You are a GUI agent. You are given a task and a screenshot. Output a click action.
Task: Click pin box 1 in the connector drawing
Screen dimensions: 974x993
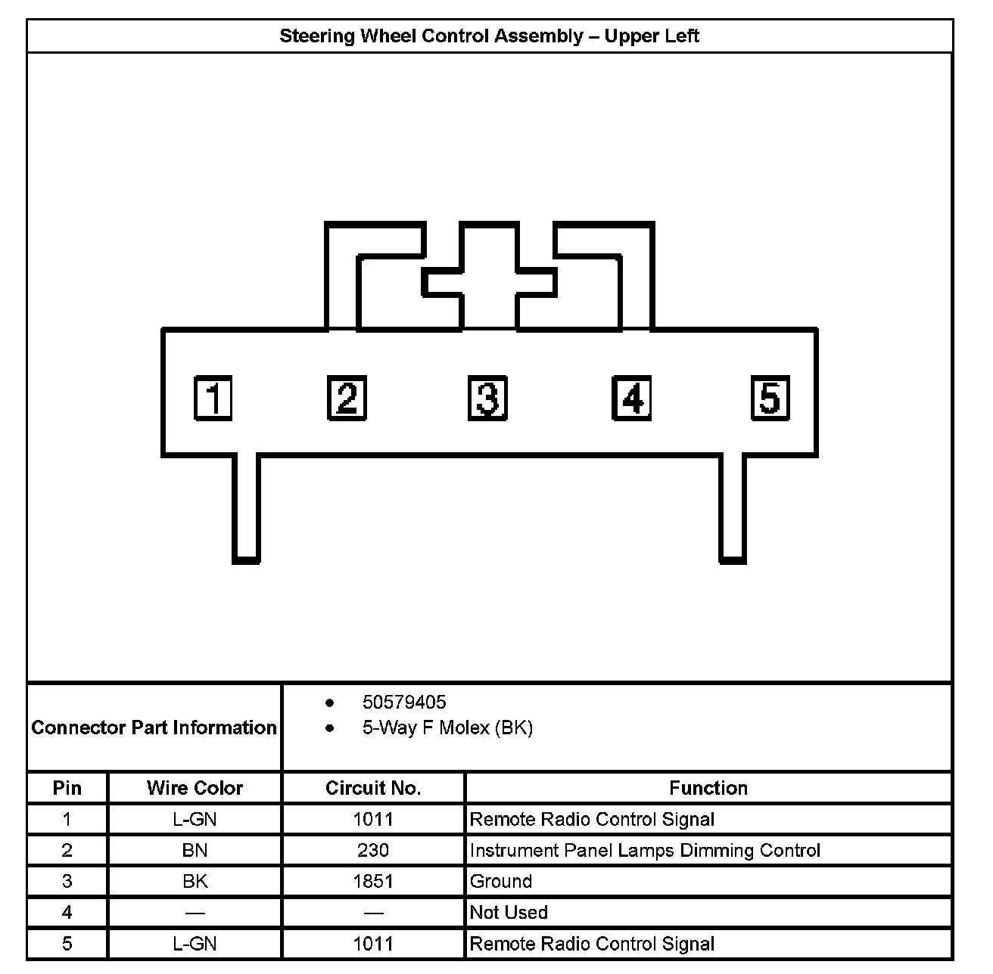213,398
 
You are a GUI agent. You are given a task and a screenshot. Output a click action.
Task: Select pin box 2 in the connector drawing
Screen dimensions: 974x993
347,398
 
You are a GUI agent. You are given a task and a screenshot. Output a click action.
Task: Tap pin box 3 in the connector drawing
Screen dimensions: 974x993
487,398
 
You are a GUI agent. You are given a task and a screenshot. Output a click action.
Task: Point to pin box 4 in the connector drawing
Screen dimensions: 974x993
631,398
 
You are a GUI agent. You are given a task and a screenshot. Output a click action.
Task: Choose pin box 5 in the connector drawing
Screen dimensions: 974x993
770,398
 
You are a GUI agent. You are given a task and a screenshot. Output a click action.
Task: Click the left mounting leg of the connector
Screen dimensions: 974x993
245,508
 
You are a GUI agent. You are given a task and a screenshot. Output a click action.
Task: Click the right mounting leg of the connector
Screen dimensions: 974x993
732,508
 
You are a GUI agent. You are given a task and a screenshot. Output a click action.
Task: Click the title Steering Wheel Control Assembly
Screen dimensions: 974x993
489,36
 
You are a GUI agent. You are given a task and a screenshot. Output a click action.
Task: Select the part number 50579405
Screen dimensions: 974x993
404,703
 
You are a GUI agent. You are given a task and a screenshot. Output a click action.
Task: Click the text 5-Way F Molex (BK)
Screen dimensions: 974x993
447,728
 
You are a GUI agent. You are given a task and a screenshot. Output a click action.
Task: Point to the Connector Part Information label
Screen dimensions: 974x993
154,727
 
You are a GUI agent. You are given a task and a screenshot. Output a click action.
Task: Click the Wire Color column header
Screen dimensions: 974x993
195,788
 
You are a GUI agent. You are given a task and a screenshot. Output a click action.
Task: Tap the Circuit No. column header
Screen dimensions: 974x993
373,788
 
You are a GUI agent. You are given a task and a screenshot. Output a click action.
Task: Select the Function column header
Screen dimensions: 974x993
708,788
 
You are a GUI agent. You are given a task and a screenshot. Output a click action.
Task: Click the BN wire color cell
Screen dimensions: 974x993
195,851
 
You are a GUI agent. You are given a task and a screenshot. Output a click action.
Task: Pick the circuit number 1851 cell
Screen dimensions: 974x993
373,882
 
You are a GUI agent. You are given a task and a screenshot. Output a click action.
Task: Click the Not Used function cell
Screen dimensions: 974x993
509,913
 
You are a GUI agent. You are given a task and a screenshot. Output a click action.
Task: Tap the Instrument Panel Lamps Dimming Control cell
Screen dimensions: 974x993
645,851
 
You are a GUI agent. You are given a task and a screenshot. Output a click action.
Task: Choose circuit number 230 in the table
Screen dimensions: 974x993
373,851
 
